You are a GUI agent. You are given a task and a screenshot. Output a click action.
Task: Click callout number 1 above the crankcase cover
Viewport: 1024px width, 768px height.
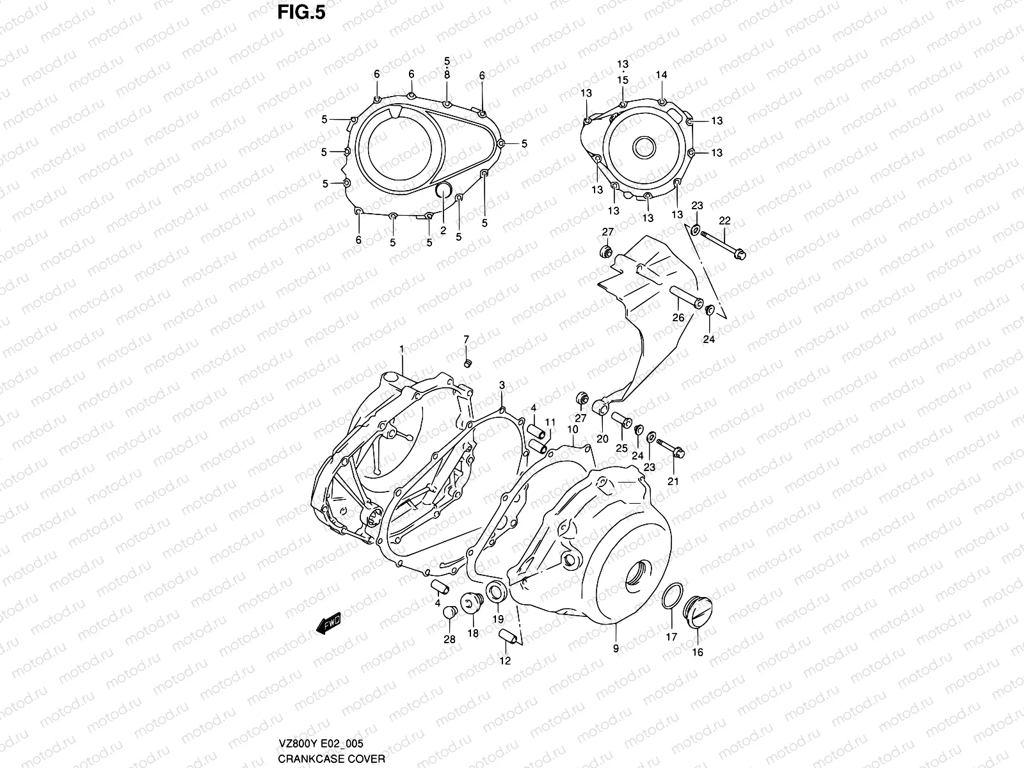point(401,349)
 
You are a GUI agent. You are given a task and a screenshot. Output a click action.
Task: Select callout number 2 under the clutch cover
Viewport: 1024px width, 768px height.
point(443,230)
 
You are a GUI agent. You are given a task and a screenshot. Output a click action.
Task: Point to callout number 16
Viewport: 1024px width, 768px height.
point(698,652)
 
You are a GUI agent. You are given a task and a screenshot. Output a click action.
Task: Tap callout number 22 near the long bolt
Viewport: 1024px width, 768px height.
point(724,221)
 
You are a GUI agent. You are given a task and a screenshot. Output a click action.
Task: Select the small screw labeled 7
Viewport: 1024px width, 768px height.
point(467,364)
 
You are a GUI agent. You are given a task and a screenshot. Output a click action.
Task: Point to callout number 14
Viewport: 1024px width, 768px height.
point(661,76)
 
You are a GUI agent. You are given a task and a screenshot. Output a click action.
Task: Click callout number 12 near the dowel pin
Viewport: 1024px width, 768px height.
point(506,660)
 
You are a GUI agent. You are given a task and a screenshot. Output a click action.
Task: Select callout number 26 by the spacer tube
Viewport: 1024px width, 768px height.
point(678,317)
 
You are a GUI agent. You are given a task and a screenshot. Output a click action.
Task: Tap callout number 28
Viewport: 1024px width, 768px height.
point(449,639)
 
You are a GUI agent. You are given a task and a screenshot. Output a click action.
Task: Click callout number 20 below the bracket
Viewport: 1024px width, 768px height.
point(602,438)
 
